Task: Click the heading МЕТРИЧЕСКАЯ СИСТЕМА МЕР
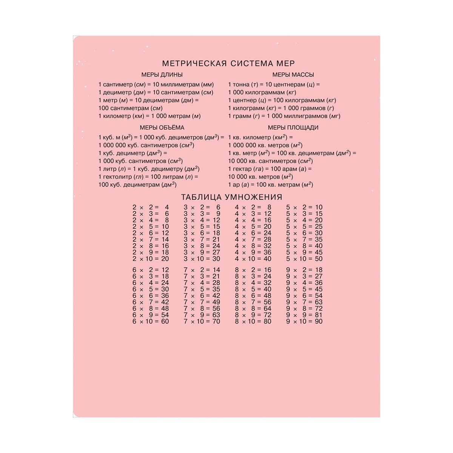pos(228,63)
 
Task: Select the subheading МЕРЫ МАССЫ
pos(293,75)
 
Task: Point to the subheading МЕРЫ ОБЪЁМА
pos(162,128)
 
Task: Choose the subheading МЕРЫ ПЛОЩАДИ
pos(293,128)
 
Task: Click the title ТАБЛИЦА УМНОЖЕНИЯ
pos(231,197)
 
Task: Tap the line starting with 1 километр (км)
pos(149,116)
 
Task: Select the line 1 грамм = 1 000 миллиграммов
pos(284,116)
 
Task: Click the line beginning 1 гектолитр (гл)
pos(148,177)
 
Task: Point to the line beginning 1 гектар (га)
pos(270,169)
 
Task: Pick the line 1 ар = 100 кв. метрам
pos(270,185)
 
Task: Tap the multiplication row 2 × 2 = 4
pos(151,207)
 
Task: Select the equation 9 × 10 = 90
pos(304,322)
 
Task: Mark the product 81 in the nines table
pos(319,315)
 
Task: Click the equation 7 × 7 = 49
pos(202,302)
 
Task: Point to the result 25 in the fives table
pos(319,227)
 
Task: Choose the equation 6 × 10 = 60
pos(151,322)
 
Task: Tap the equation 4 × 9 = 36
pos(253,253)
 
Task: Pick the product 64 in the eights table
pos(267,309)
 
